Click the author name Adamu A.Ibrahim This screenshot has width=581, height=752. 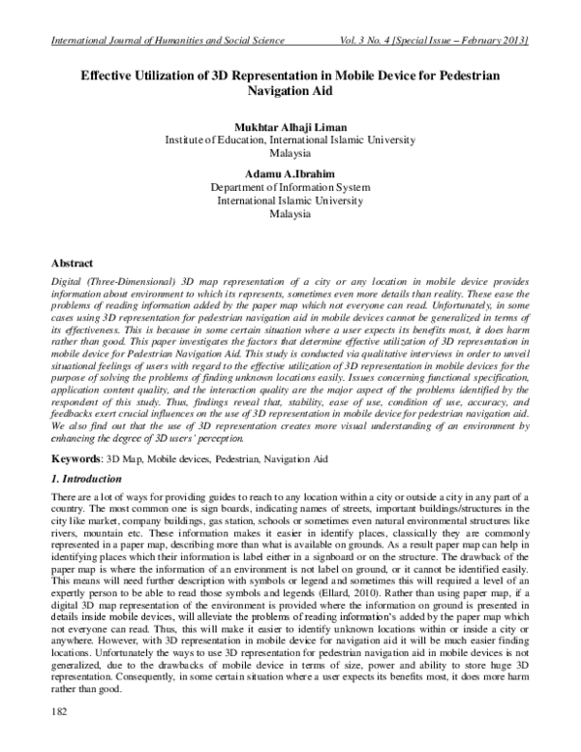pos(290,173)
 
